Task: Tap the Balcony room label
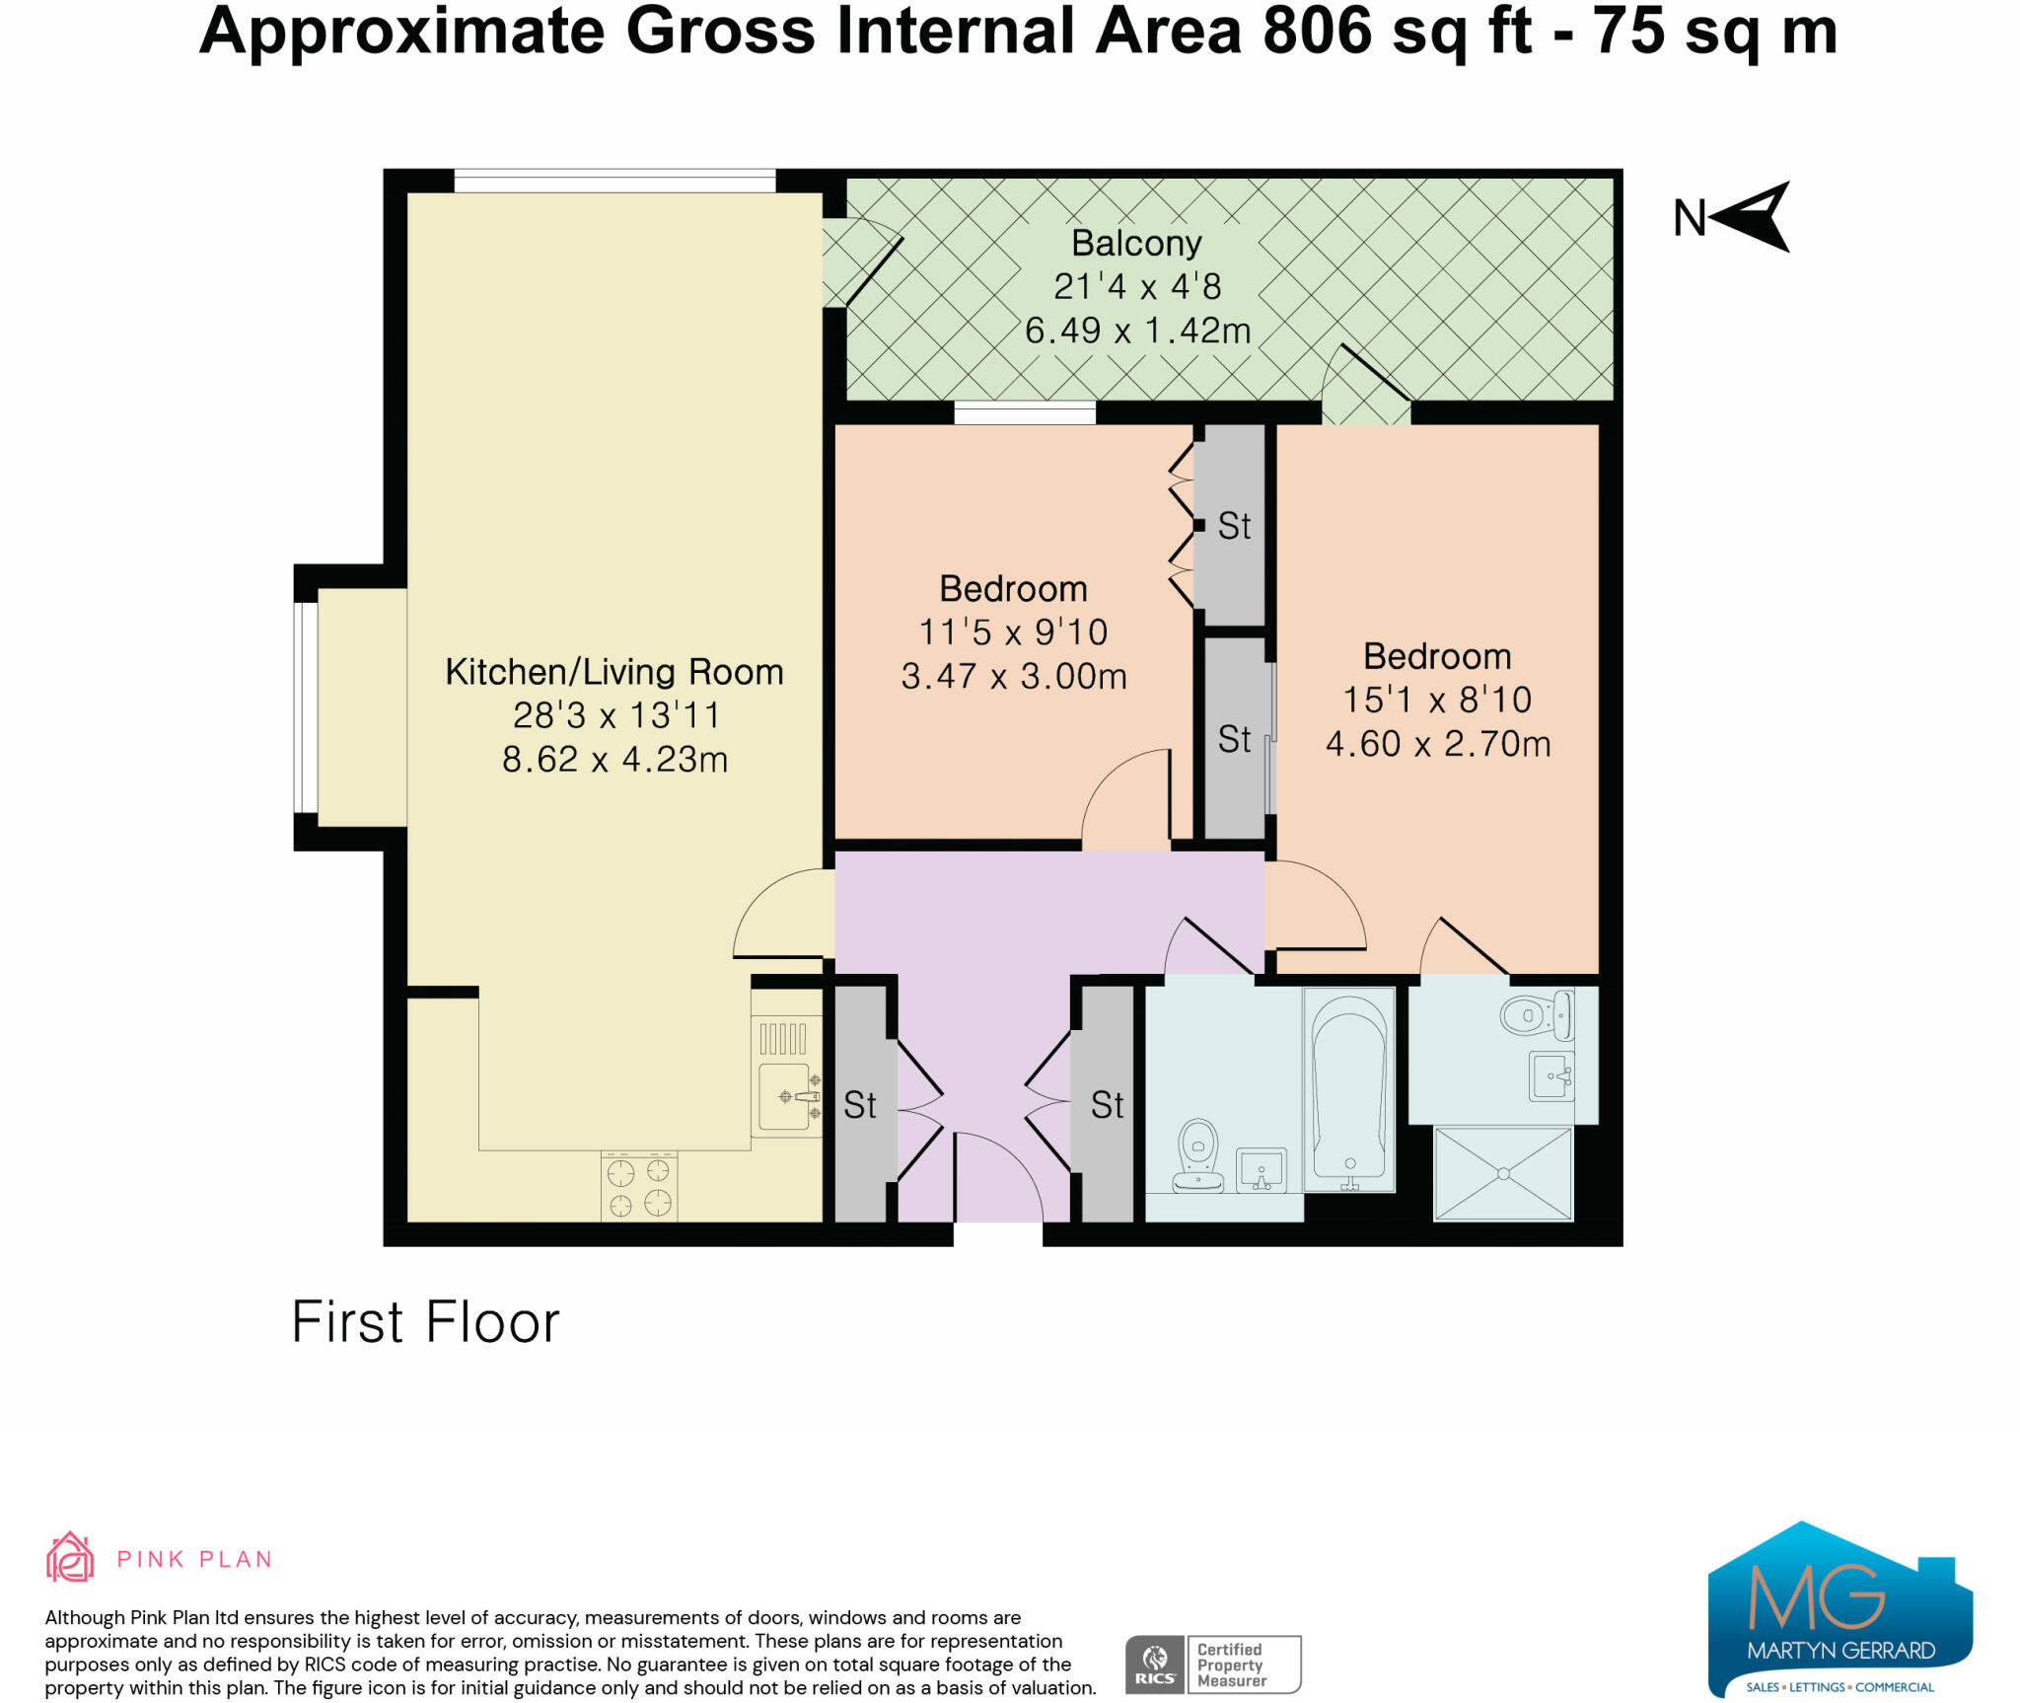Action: [x=1136, y=243]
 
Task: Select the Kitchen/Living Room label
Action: [x=613, y=672]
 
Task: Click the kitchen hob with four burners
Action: [x=639, y=1187]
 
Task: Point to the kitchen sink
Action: [x=785, y=1095]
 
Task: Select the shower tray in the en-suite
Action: [x=1502, y=1173]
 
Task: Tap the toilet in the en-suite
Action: [x=1535, y=1014]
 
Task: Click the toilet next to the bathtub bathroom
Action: [x=1197, y=1155]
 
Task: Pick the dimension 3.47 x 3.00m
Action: [x=1013, y=677]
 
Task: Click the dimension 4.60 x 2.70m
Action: [x=1437, y=744]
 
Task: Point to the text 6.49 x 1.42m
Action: [x=1137, y=331]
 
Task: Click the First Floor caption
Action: [x=425, y=1322]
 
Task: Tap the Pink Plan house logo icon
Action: [x=70, y=1558]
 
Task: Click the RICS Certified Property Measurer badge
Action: [x=1212, y=1665]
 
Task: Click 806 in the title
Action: [x=1317, y=32]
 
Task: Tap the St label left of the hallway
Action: [x=859, y=1105]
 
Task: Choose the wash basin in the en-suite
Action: [x=1550, y=1074]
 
